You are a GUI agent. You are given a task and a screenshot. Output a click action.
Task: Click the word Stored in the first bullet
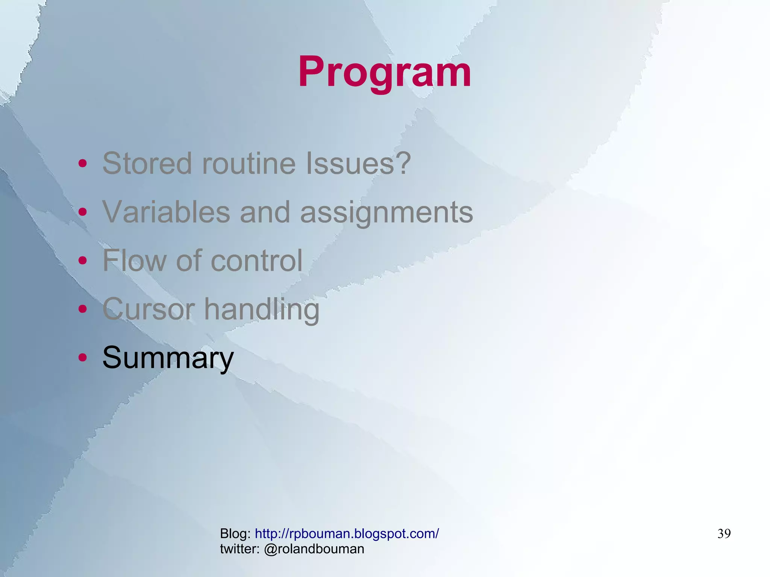click(x=147, y=164)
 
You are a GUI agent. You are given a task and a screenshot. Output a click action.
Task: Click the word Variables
click(x=166, y=212)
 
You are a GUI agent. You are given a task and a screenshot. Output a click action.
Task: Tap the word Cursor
click(x=149, y=309)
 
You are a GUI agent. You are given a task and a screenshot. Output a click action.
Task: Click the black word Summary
click(x=168, y=358)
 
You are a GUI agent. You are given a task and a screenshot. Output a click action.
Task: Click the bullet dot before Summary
click(x=83, y=357)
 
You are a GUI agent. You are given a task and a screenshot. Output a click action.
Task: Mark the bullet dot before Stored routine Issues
click(x=83, y=164)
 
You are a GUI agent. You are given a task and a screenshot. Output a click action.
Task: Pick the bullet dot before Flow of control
click(x=83, y=260)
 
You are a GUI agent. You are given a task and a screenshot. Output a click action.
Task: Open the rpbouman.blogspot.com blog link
click(x=347, y=533)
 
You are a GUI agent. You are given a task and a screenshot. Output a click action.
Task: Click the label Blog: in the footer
click(x=235, y=533)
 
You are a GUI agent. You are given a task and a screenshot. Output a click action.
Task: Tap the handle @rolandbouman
click(x=314, y=549)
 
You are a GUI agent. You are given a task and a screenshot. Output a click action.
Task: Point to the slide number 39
click(x=724, y=534)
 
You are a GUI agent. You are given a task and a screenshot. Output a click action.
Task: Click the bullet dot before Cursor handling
click(x=83, y=309)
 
